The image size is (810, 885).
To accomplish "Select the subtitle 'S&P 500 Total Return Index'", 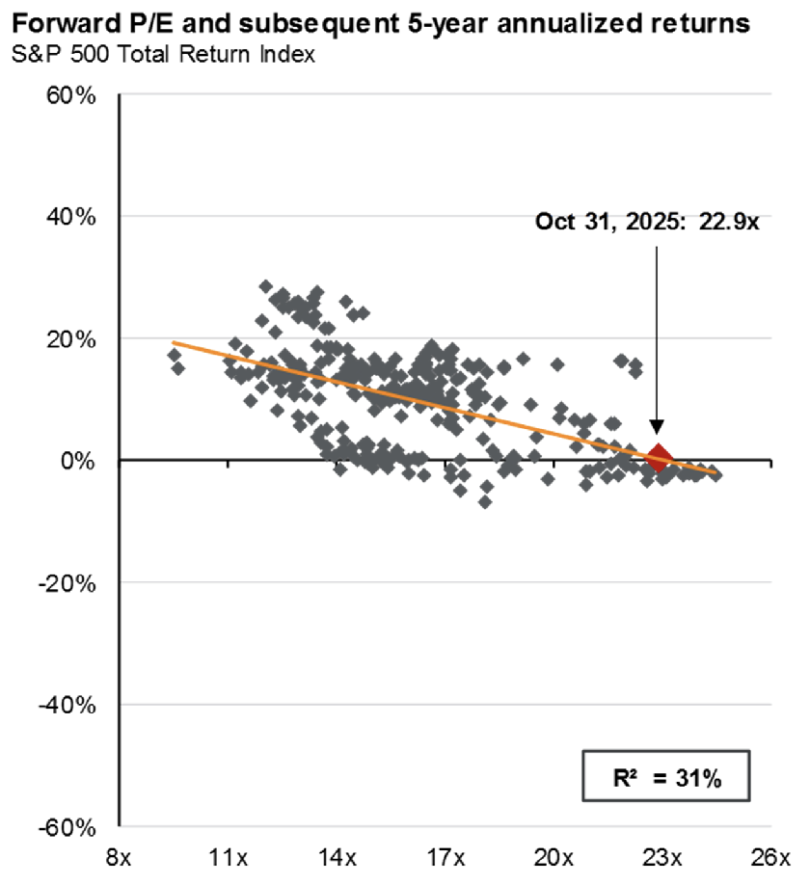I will click(163, 54).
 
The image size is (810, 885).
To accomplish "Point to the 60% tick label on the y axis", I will click(71, 96).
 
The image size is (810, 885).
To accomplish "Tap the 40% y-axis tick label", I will click(71, 217).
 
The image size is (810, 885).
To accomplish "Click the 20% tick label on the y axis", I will click(71, 339).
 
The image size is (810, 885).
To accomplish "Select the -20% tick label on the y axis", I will click(68, 583).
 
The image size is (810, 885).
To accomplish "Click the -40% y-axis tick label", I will click(68, 705).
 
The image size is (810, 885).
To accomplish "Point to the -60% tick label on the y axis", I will click(68, 827).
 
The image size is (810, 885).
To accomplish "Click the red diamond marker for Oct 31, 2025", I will click(659, 458).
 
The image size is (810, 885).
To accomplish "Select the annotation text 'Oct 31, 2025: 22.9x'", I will click(648, 222).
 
